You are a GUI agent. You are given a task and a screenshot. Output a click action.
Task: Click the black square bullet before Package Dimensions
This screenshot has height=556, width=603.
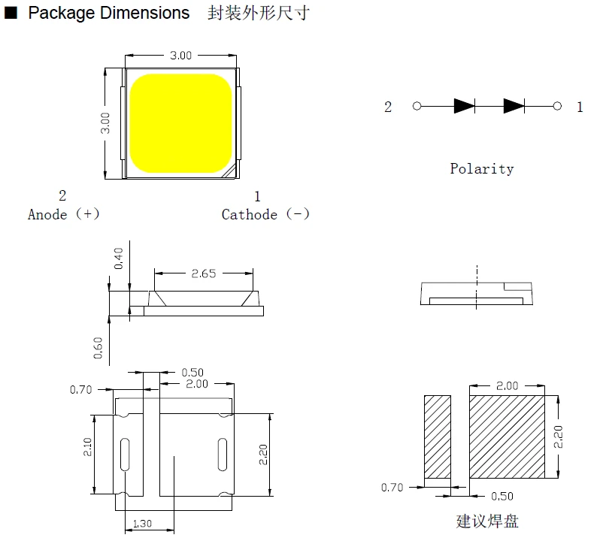point(11,13)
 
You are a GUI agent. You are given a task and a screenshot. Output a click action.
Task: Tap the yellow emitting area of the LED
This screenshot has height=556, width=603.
point(180,123)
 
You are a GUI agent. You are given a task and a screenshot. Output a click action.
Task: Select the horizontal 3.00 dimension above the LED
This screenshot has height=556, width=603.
point(180,56)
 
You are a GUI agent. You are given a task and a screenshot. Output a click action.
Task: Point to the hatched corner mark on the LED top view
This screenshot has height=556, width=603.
point(230,172)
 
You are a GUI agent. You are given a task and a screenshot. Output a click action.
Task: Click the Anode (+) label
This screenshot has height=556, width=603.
point(64,214)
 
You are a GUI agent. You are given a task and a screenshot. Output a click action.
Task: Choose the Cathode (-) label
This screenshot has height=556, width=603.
point(265,214)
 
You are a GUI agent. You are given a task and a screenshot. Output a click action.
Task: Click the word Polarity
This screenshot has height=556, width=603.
point(482,169)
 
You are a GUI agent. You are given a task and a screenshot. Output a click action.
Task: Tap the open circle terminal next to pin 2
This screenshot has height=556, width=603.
point(417,106)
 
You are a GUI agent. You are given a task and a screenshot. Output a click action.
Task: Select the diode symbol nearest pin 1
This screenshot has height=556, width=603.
point(514,106)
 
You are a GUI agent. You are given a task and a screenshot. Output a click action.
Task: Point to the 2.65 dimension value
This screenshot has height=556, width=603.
point(204,273)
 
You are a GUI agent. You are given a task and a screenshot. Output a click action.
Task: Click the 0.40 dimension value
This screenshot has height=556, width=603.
point(119,258)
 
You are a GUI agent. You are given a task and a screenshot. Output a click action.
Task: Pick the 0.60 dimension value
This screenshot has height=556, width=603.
point(98,348)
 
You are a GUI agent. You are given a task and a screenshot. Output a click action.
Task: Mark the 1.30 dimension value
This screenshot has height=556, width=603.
point(142,524)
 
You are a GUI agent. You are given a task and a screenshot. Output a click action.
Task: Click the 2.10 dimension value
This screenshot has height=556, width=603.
point(88,447)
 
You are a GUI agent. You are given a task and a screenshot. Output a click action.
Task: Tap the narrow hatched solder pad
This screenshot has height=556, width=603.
point(438,437)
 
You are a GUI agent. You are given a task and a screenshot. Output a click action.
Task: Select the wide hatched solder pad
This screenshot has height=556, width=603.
point(507,437)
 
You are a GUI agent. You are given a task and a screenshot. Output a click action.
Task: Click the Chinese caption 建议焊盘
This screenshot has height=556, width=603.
point(487,521)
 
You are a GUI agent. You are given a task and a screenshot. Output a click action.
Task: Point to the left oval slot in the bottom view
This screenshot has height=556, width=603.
point(125,454)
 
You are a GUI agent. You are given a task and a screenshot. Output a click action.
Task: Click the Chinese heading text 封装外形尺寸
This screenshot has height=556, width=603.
point(259,13)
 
